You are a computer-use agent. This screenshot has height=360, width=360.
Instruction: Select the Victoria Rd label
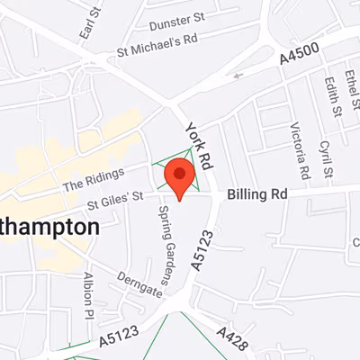301,145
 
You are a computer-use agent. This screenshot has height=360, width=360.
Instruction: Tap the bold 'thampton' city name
49,226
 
